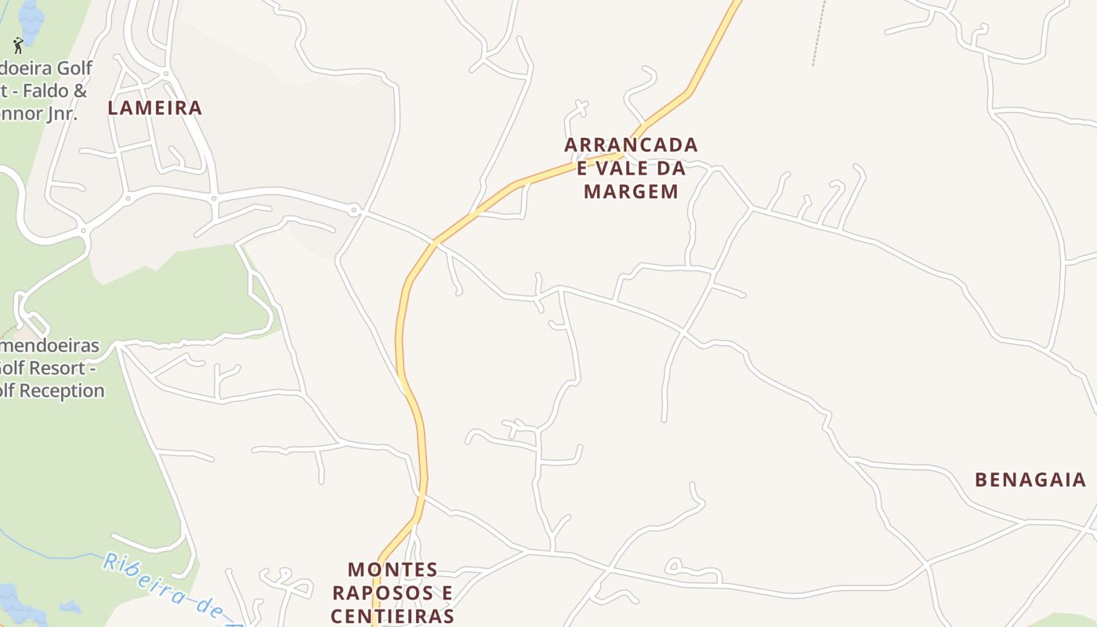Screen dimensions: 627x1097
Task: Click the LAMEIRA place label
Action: pyautogui.click(x=154, y=108)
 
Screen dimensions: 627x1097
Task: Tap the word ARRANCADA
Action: pyautogui.click(x=631, y=146)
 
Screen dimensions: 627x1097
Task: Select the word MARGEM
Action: pyautogui.click(x=631, y=191)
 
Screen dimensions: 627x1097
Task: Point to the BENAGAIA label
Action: pyautogui.click(x=1030, y=480)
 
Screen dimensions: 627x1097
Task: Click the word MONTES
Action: pyautogui.click(x=393, y=570)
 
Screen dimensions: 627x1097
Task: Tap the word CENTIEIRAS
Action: pyautogui.click(x=392, y=615)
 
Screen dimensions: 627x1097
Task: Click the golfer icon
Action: pyautogui.click(x=18, y=45)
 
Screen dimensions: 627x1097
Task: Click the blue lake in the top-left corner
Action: pyautogui.click(x=31, y=12)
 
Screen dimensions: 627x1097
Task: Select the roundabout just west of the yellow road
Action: pyautogui.click(x=355, y=210)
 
